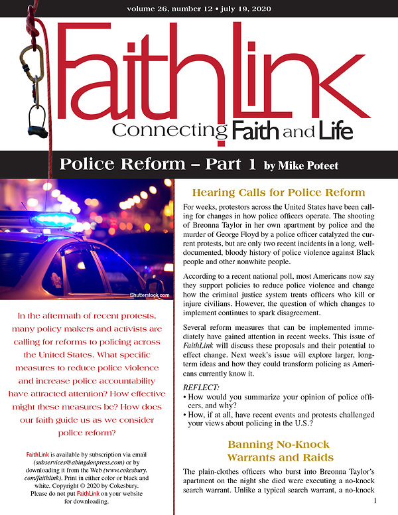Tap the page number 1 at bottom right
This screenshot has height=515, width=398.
click(x=376, y=501)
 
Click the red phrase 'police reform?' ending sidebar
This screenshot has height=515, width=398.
click(x=87, y=432)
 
